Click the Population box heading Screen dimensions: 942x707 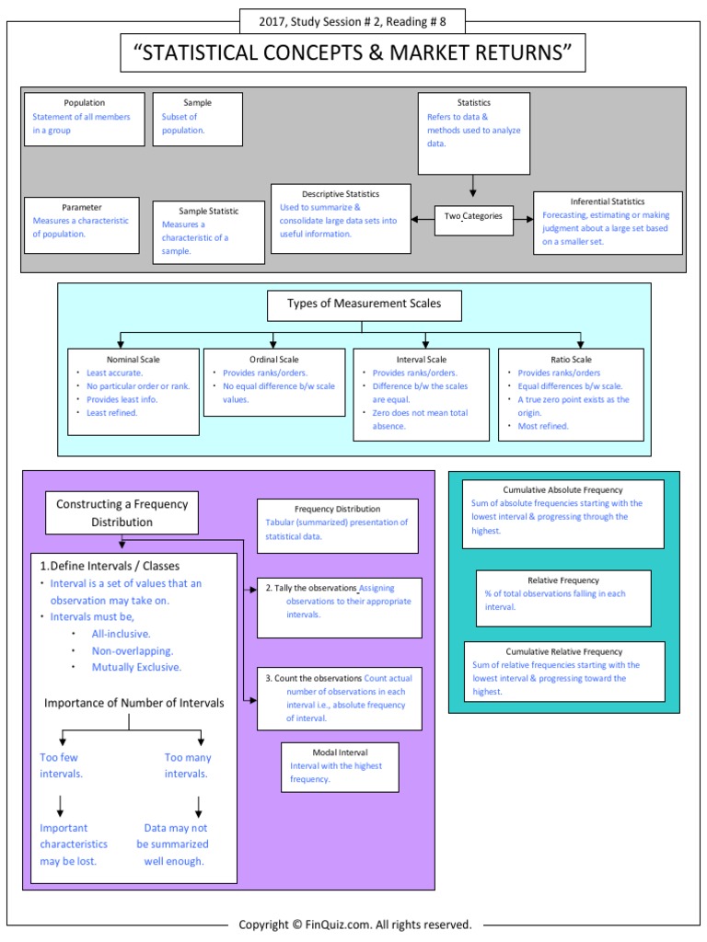point(84,103)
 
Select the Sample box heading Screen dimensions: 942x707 point(197,103)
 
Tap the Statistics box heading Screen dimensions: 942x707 point(473,103)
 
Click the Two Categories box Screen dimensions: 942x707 point(474,216)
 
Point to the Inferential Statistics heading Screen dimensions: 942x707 point(608,201)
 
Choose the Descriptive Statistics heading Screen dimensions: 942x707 point(341,194)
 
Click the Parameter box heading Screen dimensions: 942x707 point(82,207)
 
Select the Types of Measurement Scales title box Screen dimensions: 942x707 point(364,304)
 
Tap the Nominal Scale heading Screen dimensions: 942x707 point(133,360)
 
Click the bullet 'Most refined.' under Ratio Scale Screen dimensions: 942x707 point(543,426)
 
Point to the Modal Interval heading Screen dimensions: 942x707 point(340,752)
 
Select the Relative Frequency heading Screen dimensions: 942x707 point(563,580)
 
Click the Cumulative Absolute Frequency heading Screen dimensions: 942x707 point(562,490)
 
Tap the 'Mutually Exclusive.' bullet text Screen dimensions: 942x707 point(136,667)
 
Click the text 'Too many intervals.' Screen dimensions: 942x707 point(188,765)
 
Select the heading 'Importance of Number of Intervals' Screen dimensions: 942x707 point(134,704)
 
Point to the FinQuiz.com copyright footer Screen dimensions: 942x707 point(354,925)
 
